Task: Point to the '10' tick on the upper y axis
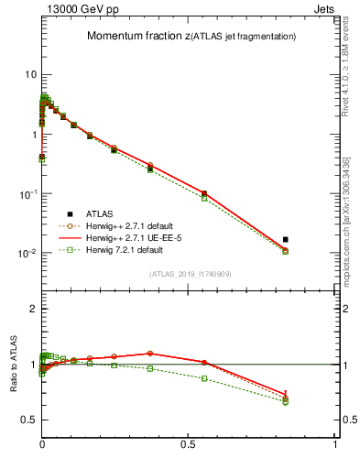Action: coord(29,74)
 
